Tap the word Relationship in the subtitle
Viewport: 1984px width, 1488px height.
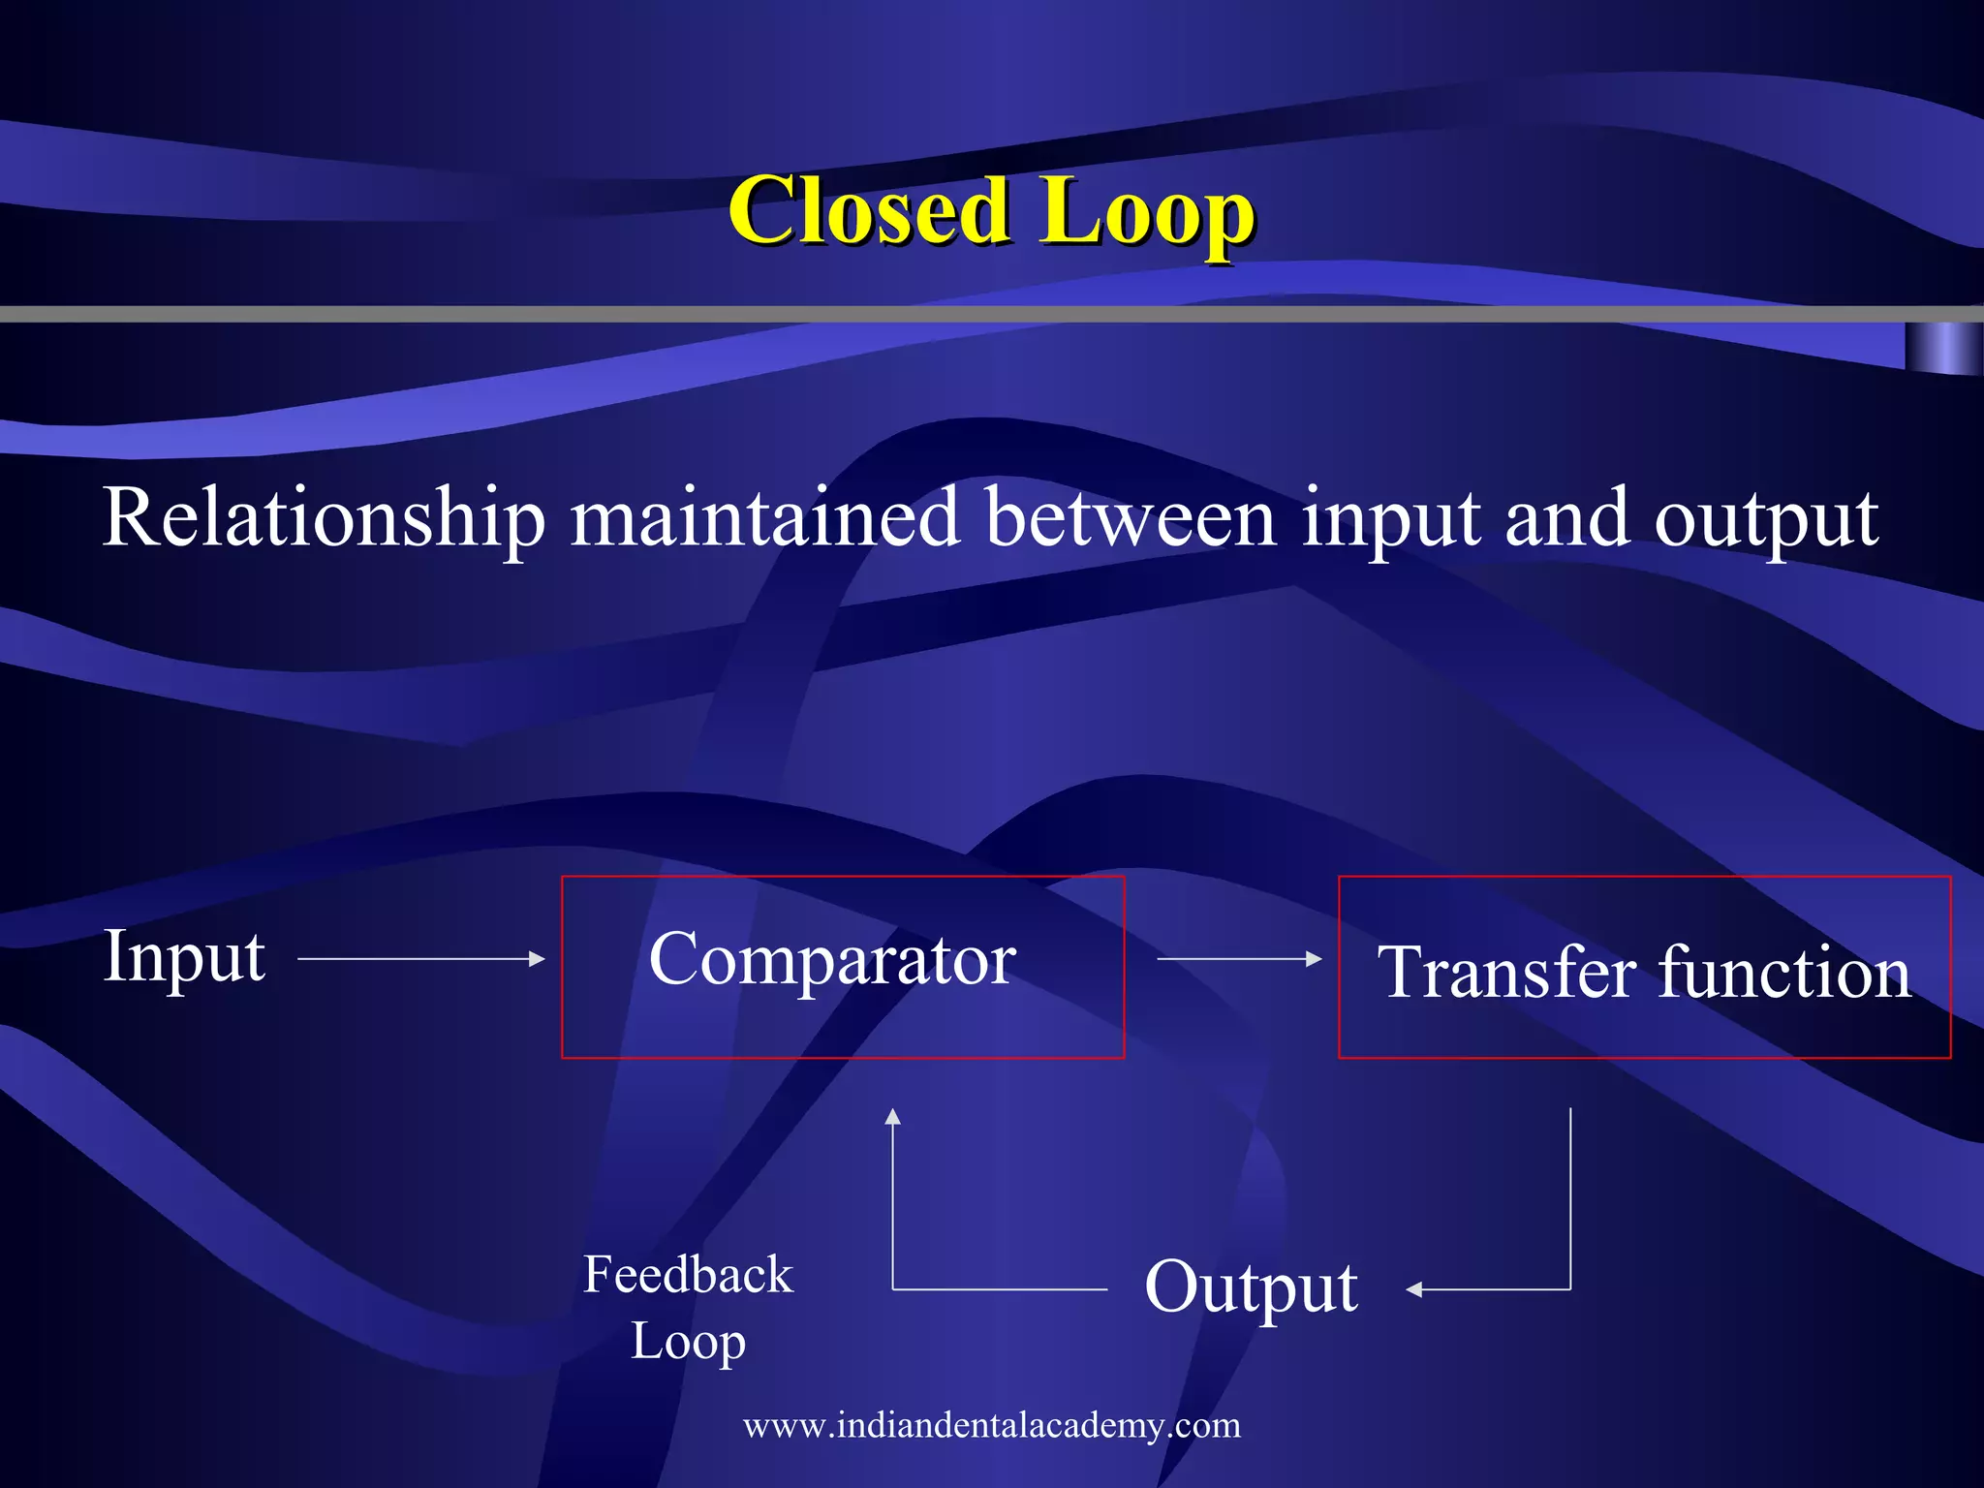tap(324, 519)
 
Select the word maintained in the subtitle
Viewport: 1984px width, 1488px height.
tap(764, 517)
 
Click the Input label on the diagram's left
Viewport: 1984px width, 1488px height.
tap(184, 957)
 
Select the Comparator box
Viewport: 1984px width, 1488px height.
tap(842, 966)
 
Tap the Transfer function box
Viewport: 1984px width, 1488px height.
tap(1643, 967)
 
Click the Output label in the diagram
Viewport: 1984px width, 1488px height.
tap(1251, 1287)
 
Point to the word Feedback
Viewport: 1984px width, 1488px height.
tap(688, 1274)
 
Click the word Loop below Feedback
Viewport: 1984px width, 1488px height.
tap(688, 1343)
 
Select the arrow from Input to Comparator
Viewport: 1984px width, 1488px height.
tap(421, 958)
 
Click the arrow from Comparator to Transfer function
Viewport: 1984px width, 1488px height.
tap(1239, 958)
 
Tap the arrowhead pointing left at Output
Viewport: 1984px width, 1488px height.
tap(1415, 1289)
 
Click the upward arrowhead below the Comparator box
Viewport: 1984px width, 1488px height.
tap(893, 1117)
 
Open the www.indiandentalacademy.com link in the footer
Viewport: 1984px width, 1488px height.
tap(991, 1426)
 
